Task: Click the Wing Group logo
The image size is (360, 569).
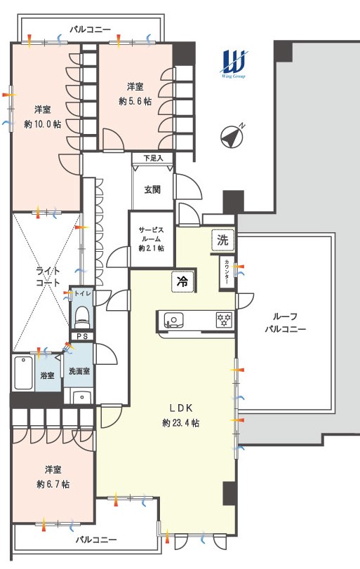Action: pyautogui.click(x=234, y=64)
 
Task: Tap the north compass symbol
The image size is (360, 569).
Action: pyautogui.click(x=232, y=136)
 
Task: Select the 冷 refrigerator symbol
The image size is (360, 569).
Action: pyautogui.click(x=182, y=281)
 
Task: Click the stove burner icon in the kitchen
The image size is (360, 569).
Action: pyautogui.click(x=224, y=320)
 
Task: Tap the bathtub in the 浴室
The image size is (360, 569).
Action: pyautogui.click(x=24, y=373)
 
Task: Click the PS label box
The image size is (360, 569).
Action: pyautogui.click(x=82, y=336)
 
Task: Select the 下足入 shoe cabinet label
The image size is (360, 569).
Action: pyautogui.click(x=153, y=159)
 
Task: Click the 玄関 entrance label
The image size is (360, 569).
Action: pyautogui.click(x=152, y=189)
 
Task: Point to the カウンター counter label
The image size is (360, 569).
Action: pyautogui.click(x=227, y=272)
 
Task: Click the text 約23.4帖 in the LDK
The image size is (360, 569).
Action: pyautogui.click(x=181, y=423)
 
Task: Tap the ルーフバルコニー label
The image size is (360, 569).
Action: pyautogui.click(x=285, y=323)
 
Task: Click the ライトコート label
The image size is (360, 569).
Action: pyautogui.click(x=48, y=276)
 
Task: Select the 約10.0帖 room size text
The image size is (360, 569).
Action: pyautogui.click(x=43, y=124)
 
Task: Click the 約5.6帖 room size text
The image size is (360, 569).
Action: pyautogui.click(x=135, y=101)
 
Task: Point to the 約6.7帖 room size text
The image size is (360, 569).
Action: pyautogui.click(x=53, y=484)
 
